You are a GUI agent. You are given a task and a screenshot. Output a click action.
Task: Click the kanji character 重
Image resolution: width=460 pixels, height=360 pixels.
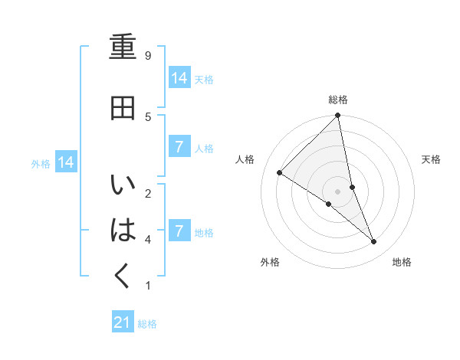[x=123, y=47]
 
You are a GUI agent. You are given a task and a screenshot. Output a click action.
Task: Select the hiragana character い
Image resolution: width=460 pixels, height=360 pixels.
[x=123, y=185]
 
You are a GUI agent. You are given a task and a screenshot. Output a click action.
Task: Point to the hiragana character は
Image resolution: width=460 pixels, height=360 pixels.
[x=123, y=229]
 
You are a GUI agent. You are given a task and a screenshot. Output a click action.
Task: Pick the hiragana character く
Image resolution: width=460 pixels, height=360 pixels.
[x=123, y=274]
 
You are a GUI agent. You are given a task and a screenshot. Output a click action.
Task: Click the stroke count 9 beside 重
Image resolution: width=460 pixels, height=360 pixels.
[x=148, y=55]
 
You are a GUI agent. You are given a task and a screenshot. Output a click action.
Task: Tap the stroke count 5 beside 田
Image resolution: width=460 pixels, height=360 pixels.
[x=148, y=116]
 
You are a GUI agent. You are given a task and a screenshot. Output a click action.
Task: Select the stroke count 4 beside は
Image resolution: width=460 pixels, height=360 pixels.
[x=148, y=239]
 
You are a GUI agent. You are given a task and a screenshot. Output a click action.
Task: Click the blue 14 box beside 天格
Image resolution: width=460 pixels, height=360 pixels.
[x=179, y=77]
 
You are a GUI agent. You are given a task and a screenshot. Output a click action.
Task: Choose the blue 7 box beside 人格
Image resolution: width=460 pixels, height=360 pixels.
[x=179, y=147]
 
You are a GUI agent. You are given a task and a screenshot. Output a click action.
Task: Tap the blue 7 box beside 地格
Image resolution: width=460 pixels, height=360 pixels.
[x=179, y=231]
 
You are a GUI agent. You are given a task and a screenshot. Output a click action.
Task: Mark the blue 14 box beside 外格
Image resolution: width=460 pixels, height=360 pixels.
[x=65, y=162]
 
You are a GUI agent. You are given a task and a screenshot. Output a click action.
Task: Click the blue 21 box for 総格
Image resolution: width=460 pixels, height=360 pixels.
[x=123, y=322]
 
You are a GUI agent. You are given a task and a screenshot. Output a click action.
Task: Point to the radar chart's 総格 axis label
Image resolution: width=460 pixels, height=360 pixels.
[x=338, y=100]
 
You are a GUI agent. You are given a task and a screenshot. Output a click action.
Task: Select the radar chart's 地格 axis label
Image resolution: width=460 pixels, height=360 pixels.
[x=402, y=263]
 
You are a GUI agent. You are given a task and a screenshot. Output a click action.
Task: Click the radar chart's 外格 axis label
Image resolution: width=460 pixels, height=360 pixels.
[x=270, y=263]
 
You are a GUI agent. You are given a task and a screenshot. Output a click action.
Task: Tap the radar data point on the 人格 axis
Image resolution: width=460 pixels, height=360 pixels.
[x=280, y=173]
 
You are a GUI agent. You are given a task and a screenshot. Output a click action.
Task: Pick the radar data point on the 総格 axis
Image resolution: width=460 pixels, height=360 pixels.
[x=338, y=116]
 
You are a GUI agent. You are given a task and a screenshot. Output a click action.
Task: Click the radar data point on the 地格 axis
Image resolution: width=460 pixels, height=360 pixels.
[x=374, y=241]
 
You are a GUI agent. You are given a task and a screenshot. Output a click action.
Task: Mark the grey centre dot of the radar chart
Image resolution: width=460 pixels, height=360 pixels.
[x=338, y=191]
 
